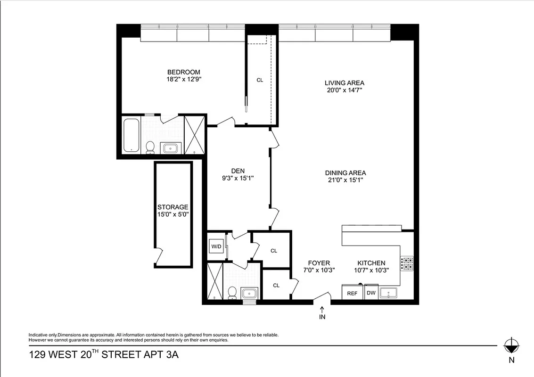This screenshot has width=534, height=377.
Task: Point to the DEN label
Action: point(237,171)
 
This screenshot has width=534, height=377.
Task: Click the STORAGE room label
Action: point(173,207)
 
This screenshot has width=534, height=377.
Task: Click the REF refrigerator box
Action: point(352,293)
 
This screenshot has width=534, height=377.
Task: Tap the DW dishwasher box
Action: point(371,293)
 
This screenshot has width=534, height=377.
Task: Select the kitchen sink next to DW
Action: point(389,293)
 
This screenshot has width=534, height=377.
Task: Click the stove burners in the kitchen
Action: point(406,263)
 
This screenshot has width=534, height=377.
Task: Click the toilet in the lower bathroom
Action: point(231,293)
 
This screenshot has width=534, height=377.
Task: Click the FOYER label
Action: point(319,263)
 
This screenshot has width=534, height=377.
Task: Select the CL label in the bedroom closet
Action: point(260,80)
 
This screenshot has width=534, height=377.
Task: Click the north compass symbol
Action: point(511,346)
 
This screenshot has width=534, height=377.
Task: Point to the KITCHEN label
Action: point(371,263)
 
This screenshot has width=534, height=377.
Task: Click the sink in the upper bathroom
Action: point(170,148)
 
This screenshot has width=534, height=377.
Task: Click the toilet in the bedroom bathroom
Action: point(150,148)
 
